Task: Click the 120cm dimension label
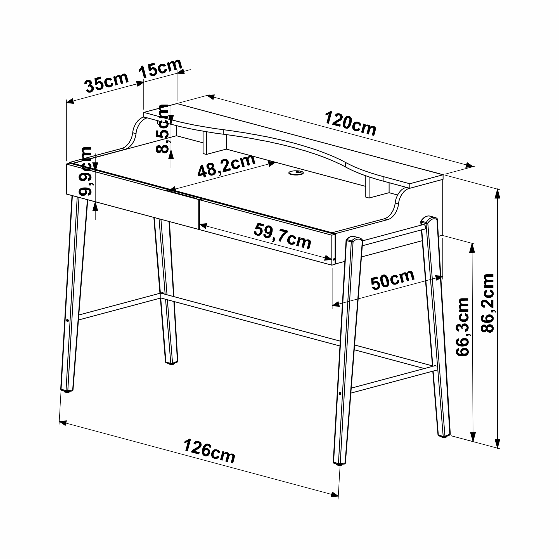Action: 350,124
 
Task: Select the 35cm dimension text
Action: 106,82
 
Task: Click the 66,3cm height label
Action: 462,327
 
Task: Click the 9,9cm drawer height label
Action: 85,171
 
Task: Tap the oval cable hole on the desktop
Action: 296,173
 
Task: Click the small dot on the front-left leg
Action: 67,321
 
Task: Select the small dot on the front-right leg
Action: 340,394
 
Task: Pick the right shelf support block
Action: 377,187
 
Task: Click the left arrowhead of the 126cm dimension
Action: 63,423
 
